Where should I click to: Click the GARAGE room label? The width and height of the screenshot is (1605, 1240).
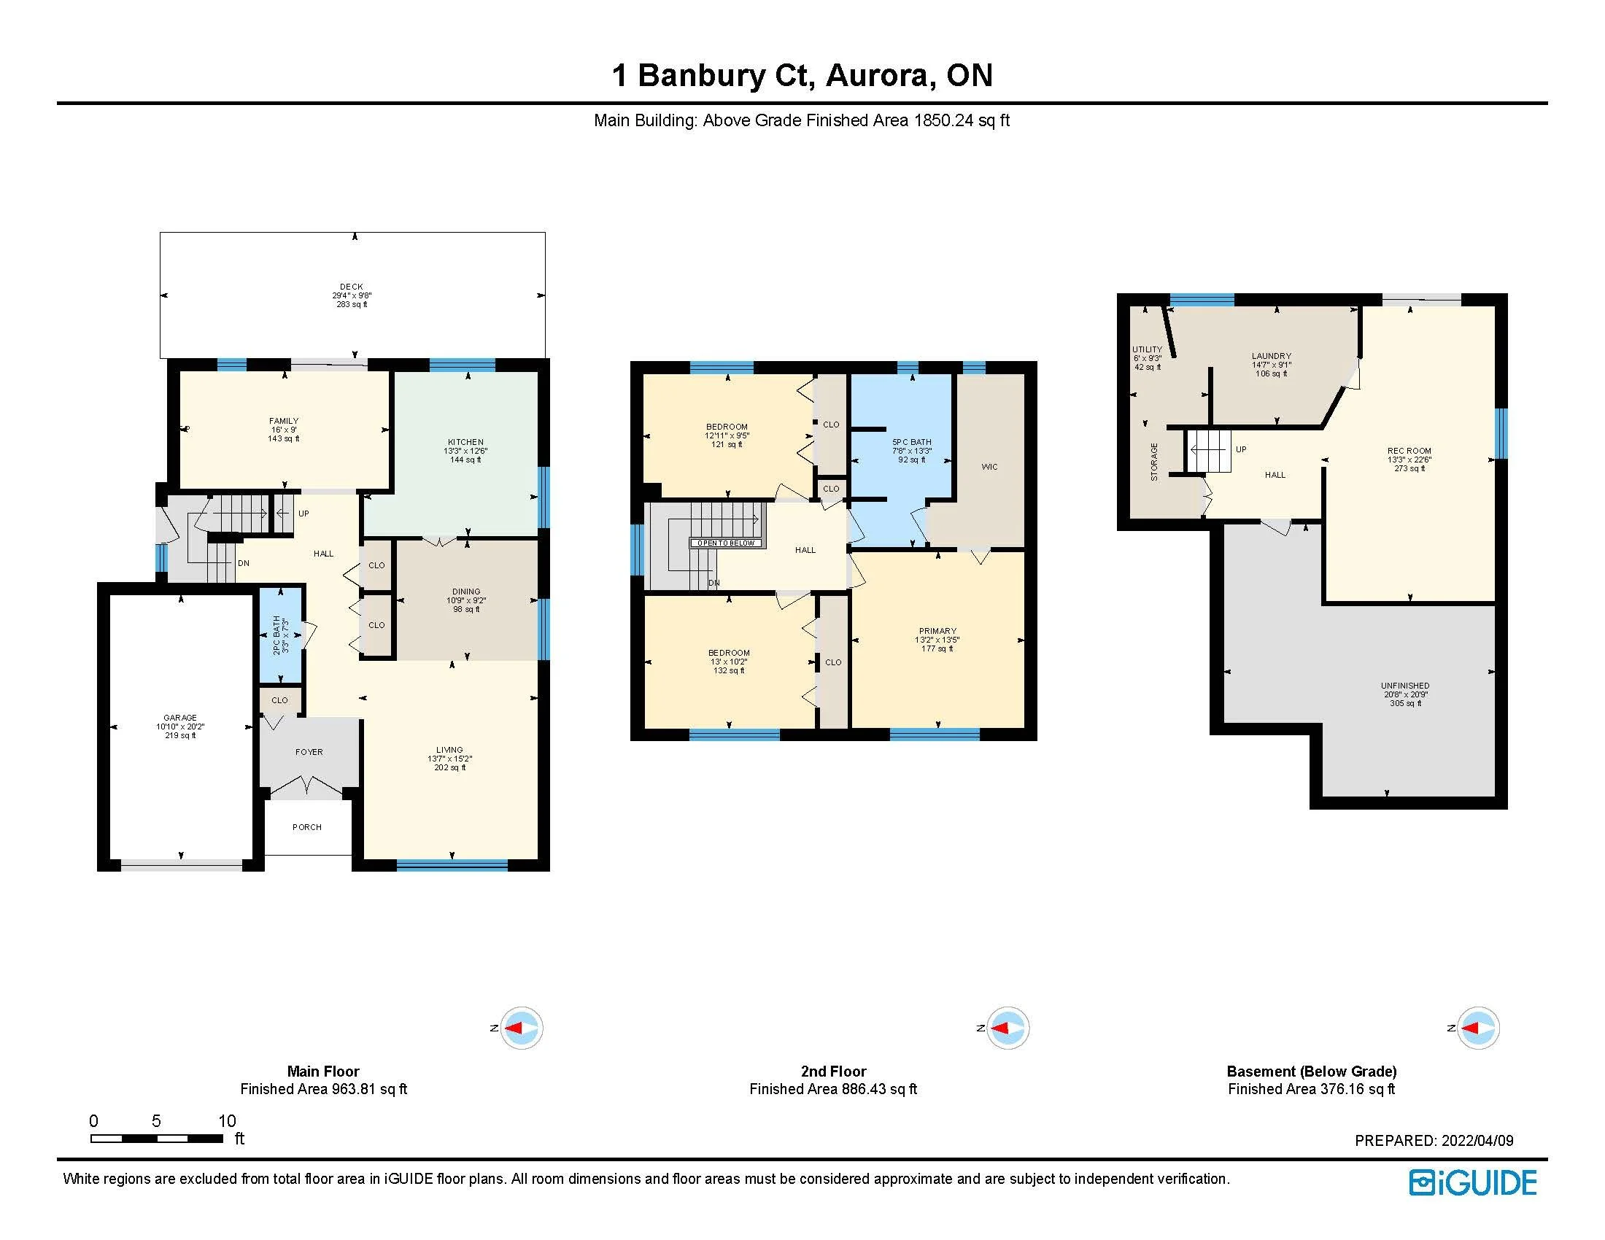180,718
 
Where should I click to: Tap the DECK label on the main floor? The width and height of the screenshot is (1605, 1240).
352,287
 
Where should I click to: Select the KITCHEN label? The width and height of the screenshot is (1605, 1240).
465,442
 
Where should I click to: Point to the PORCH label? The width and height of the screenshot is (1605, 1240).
307,827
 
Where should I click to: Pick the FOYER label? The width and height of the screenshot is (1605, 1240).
309,752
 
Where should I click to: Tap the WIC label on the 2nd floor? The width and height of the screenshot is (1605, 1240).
990,468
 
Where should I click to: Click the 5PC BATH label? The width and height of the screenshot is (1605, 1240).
911,442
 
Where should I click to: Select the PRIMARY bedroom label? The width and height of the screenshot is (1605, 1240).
937,631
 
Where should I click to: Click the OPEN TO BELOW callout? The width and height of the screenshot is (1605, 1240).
727,543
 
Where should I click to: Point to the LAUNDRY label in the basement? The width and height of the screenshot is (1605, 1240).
1272,356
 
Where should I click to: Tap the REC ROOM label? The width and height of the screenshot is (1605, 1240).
1409,451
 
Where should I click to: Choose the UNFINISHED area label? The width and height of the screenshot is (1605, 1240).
1405,686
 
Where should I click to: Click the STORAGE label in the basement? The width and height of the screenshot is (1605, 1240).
1154,461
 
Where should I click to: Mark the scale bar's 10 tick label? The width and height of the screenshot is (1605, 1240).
227,1121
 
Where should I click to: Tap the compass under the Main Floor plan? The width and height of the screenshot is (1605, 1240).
521,1028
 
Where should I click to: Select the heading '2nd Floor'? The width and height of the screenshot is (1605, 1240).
833,1072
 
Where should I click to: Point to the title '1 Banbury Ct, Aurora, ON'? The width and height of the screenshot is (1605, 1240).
802,76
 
